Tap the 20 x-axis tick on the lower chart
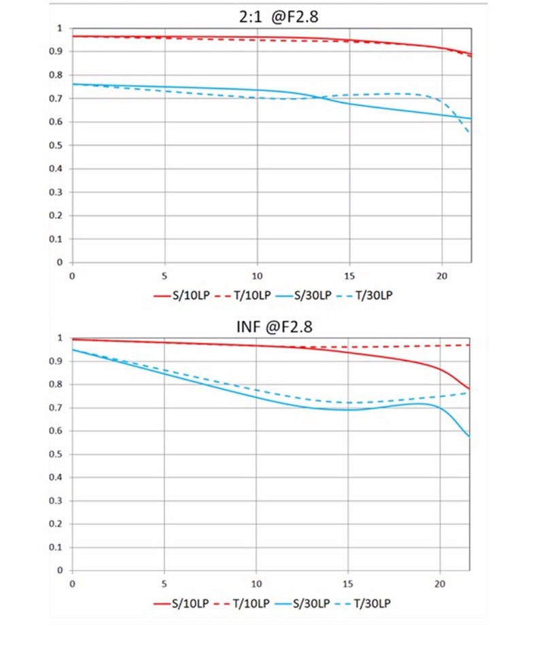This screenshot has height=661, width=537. coord(440,583)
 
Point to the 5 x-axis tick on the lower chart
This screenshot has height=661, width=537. coord(164,583)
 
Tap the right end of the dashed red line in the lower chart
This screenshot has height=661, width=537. coord(470,345)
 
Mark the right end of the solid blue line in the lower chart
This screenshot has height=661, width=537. coord(470,437)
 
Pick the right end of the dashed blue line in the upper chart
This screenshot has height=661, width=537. coord(470,133)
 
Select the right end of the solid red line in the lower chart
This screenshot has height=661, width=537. coord(470,389)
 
